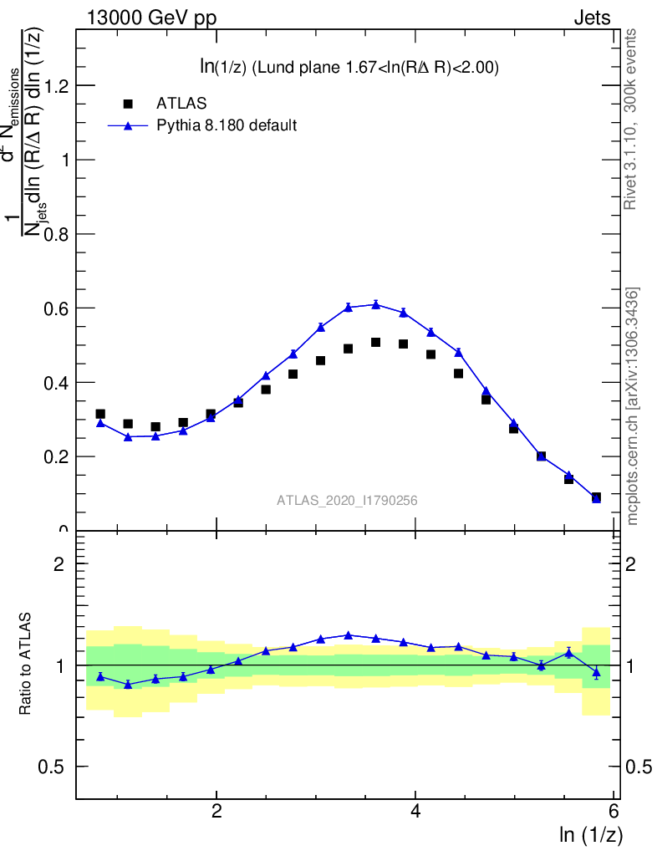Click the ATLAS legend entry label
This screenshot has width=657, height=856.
click(x=181, y=104)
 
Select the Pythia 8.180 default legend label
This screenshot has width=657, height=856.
click(x=227, y=126)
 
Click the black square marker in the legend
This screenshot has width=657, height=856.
click(x=128, y=104)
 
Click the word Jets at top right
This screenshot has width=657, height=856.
click(x=591, y=18)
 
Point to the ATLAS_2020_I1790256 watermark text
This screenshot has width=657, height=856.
click(x=347, y=501)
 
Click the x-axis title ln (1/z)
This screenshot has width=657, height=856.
click(x=591, y=833)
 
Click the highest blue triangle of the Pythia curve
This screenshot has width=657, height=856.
click(x=376, y=304)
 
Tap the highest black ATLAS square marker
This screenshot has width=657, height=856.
click(x=376, y=342)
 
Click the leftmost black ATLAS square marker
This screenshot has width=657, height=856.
click(x=100, y=414)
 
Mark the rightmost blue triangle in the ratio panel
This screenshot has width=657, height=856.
click(x=596, y=672)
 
